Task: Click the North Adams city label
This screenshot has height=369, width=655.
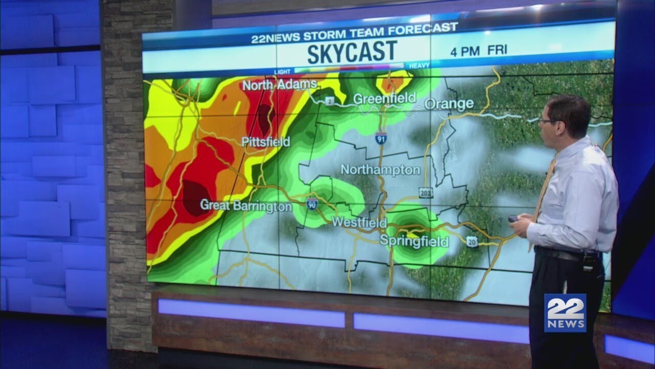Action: pos(279,85)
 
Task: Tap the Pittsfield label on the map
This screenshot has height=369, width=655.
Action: pos(266,142)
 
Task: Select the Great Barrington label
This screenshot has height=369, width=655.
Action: pos(246,206)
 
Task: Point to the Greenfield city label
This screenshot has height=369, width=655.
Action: pos(385,98)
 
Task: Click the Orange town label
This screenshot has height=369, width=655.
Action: pos(449,104)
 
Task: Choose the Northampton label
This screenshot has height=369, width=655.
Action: pos(380,169)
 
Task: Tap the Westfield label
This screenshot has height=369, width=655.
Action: pos(359,222)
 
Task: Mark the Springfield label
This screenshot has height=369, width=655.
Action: pos(413,241)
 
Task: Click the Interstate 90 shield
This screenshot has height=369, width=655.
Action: pos(312,203)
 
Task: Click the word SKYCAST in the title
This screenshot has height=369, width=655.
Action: pos(352,52)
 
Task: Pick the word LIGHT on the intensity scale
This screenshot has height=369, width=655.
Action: pos(282,71)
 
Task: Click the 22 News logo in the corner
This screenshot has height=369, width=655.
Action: pos(565,313)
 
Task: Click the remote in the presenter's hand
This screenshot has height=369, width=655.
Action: pos(513,219)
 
